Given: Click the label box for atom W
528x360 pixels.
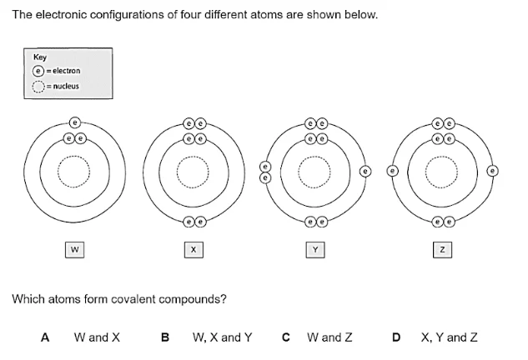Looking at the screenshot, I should point(75,248).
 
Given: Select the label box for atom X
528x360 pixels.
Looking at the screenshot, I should point(194,248).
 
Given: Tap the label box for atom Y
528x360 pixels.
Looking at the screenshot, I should point(315,248).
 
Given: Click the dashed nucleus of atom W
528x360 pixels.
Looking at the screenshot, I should point(75,174).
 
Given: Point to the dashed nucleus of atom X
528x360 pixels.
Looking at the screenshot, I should point(194,174).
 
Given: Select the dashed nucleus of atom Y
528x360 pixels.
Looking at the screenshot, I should point(315,174).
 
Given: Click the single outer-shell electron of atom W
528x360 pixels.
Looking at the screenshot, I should point(75,121).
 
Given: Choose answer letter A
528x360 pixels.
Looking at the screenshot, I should point(45,337).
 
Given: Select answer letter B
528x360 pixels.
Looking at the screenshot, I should point(164,337).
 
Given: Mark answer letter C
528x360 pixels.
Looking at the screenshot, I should point(286,337).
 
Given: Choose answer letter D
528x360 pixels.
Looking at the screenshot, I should point(398,337).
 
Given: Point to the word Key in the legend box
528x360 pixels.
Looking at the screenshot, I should point(39,58).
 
